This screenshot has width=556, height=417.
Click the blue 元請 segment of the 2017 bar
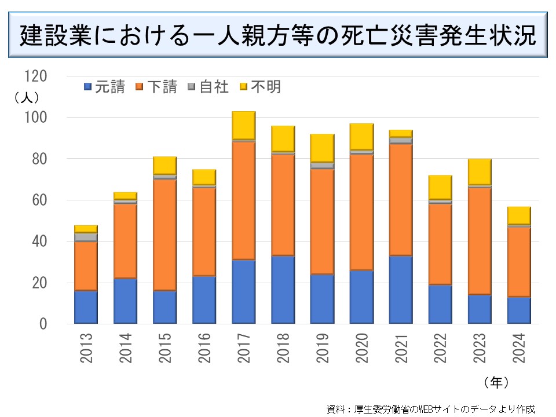[x=243, y=291]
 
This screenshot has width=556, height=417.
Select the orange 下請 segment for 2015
[x=164, y=235]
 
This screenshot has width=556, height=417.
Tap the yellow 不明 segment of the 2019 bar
[x=322, y=148]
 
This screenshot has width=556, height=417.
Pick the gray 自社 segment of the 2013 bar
[x=86, y=237]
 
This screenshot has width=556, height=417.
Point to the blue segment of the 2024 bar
[x=519, y=310]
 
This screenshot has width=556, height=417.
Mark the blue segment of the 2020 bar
[x=361, y=297]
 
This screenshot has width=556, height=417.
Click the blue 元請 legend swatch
[x=88, y=87]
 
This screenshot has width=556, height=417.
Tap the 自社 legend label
[x=214, y=87]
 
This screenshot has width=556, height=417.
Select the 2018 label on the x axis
[x=283, y=348]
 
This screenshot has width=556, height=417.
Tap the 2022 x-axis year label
[x=441, y=348]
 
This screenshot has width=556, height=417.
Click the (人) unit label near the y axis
[x=27, y=97]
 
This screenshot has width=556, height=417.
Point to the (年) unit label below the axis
[x=495, y=382]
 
